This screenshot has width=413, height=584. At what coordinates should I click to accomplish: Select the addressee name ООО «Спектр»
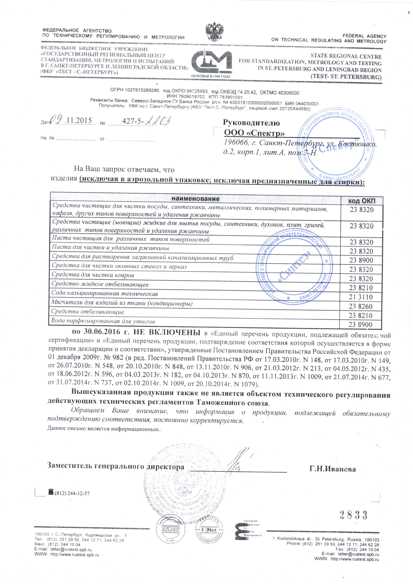point(254,133)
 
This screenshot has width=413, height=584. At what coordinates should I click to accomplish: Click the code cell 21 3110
point(361,297)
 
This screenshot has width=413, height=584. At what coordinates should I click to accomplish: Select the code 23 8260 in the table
point(361,306)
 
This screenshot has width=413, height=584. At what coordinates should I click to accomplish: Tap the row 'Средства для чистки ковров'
point(93,275)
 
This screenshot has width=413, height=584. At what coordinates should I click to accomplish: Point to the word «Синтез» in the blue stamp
point(295,267)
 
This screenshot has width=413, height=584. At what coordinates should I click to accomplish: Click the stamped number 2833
point(353,515)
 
